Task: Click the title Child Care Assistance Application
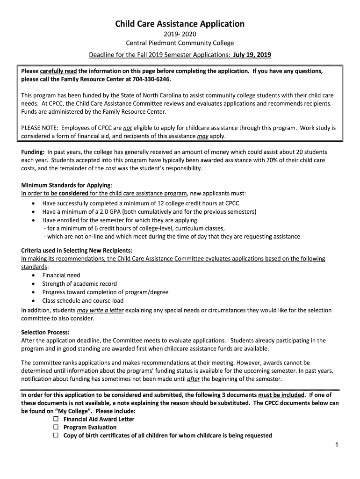coord(180,23)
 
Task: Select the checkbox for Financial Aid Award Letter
coord(56,419)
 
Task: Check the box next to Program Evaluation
coord(56,428)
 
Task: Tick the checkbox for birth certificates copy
coord(56,435)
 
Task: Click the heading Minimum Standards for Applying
coord(65,185)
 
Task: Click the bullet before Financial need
coord(34,276)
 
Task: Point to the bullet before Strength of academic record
coord(34,284)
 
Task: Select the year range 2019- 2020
coord(180,35)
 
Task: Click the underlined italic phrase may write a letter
coord(100,310)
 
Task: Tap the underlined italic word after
coord(193,379)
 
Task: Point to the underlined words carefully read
coord(58,71)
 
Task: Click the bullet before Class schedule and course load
coord(34,301)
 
